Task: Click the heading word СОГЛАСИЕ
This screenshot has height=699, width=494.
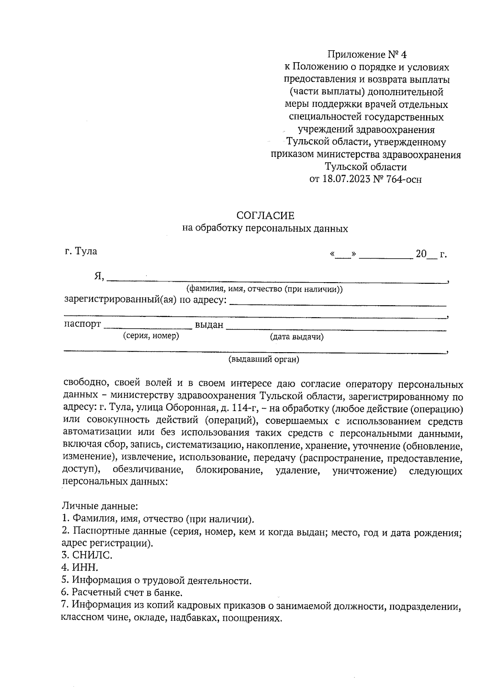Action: (x=265, y=215)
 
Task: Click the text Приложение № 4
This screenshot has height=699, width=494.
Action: (x=366, y=54)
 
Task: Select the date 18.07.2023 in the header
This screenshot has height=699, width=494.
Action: (x=345, y=180)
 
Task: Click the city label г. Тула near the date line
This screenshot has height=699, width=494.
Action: (x=81, y=251)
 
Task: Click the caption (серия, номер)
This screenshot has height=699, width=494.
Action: (x=151, y=336)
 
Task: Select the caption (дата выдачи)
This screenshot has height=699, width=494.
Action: (x=296, y=337)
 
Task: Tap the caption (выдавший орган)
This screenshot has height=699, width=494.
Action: (x=264, y=359)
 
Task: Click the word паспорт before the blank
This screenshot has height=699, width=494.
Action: (x=82, y=324)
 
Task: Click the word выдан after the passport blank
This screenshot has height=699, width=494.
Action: (x=209, y=325)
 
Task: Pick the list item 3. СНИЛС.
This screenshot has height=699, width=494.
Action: (x=87, y=555)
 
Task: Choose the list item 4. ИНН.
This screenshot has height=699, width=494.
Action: (x=80, y=568)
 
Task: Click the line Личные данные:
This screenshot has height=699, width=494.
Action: (x=100, y=505)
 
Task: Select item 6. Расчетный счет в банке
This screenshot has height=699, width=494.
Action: (x=122, y=593)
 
